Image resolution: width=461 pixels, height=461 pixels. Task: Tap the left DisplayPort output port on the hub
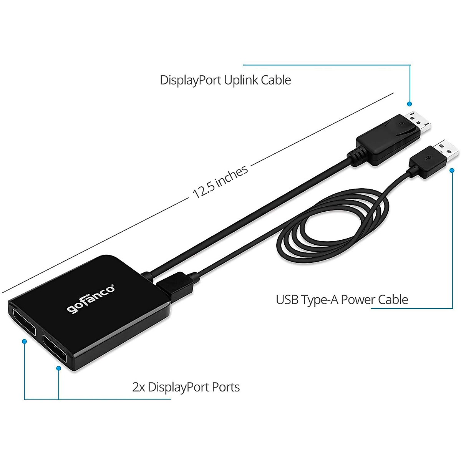24,323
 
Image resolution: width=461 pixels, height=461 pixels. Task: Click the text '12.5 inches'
220,181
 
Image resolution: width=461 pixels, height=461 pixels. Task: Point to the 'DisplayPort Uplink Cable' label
225,80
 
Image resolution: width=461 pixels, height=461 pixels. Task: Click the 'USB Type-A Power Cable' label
342,300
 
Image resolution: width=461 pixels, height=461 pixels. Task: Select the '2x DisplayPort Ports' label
186,387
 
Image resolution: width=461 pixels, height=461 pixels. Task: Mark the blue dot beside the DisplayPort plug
410,104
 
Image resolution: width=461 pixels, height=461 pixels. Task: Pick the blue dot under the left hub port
24,341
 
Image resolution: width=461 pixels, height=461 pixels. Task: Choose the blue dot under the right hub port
59,368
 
